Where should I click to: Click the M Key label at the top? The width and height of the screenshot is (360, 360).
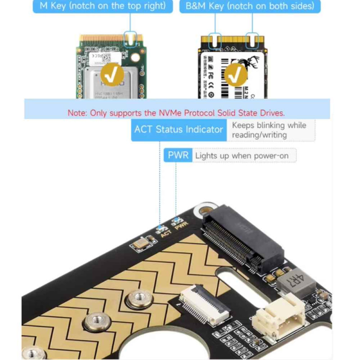point(103,6)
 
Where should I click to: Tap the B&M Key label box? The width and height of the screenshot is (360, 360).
point(250,6)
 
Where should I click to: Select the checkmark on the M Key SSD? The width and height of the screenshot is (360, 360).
point(111,74)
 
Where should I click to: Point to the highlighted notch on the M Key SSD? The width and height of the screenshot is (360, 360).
point(130,39)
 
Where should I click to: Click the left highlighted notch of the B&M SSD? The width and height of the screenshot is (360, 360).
point(215,41)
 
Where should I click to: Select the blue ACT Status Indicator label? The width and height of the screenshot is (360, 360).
point(179,130)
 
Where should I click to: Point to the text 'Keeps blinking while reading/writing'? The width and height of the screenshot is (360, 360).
point(270,130)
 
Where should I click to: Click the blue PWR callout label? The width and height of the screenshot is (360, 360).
point(177,156)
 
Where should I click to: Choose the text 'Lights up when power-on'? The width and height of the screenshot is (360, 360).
point(245,156)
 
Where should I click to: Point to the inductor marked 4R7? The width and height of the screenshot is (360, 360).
point(294,283)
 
